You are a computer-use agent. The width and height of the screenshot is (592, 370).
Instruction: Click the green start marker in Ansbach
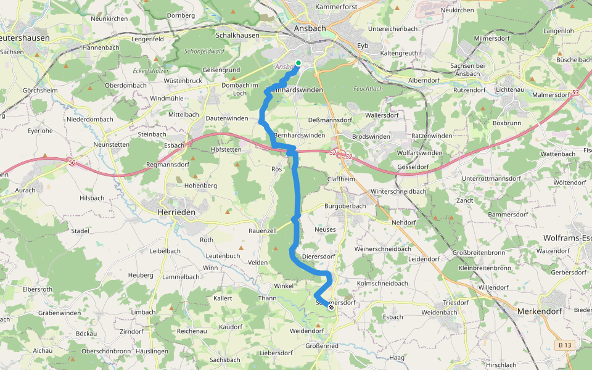point(298,63)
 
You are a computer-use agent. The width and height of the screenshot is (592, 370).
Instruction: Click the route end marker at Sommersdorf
point(331,307)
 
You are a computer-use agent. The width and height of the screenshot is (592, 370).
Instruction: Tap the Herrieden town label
point(172,212)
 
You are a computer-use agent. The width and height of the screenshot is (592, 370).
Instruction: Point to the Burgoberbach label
point(345,206)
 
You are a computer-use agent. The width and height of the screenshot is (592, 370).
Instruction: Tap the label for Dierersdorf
point(318,256)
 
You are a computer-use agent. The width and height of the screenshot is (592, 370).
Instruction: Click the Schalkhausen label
point(237,36)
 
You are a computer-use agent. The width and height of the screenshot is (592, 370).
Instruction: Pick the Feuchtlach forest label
point(368,89)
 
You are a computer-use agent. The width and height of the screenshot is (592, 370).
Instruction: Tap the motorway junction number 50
point(72,162)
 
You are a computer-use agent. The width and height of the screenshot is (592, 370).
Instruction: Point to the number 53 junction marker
point(575,93)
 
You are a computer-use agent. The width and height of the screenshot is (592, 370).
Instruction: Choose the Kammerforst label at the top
point(337,7)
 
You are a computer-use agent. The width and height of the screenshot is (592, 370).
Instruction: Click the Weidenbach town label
point(439,313)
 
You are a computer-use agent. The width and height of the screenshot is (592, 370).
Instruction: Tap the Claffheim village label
point(342,178)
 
